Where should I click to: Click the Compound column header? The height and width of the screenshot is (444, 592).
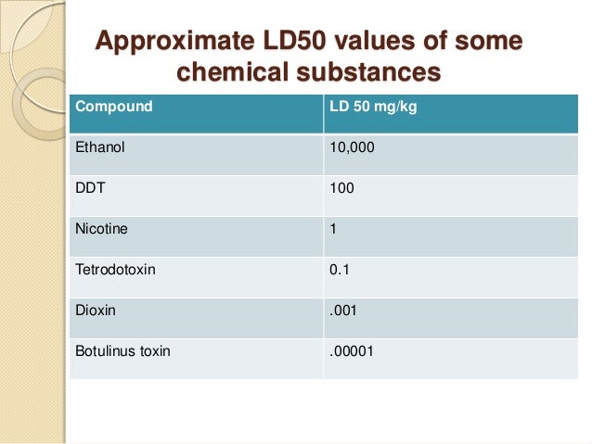[113, 107]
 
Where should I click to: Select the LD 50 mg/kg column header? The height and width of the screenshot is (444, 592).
[373, 107]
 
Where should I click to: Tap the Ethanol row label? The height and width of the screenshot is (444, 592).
[99, 146]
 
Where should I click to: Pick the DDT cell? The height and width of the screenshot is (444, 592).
[89, 187]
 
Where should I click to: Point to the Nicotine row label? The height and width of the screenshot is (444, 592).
[101, 228]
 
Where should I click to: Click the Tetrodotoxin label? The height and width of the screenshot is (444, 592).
[113, 270]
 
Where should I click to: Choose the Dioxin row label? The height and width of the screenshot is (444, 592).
[96, 311]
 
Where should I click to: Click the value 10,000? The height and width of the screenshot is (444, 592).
[352, 146]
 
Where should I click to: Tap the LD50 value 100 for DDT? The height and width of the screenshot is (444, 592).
[341, 187]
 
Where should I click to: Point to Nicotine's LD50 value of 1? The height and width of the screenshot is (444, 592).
[334, 228]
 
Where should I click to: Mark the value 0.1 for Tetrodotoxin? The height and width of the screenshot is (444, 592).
[340, 270]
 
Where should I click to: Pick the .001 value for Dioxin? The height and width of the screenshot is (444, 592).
[343, 311]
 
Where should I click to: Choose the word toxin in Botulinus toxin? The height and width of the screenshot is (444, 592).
[153, 351]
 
